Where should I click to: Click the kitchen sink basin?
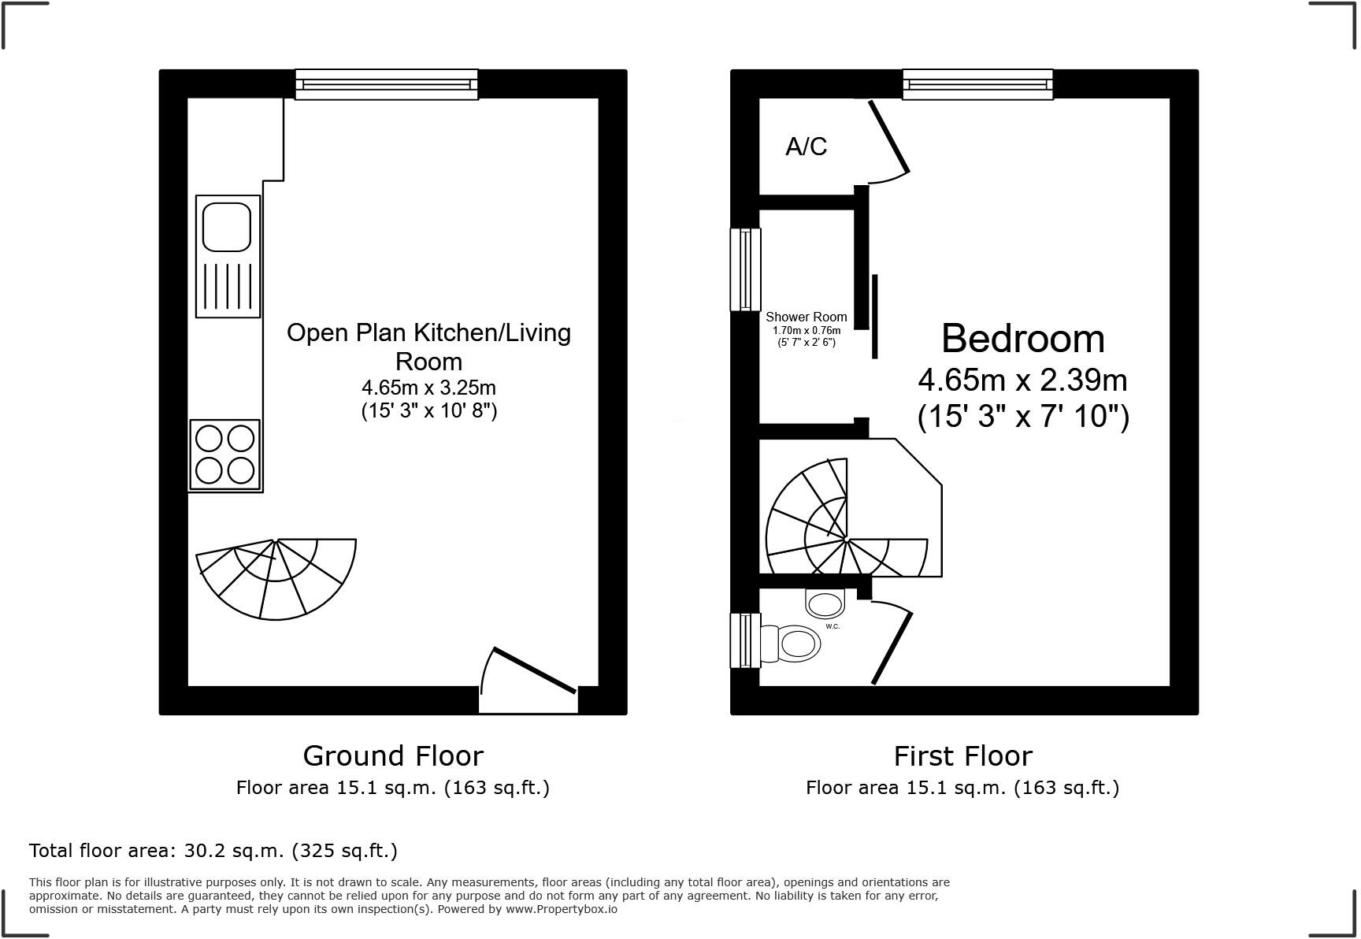tap(227, 227)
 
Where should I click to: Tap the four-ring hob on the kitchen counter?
tap(225, 455)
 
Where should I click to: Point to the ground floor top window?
tap(386, 84)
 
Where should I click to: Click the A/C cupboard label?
tap(806, 147)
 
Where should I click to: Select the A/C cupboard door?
tap(889, 136)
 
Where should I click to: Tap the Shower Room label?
tap(806, 317)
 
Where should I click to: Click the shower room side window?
tap(745, 269)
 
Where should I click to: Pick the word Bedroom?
tap(1022, 339)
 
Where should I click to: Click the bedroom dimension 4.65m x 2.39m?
tap(1022, 380)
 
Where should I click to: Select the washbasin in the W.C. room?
tap(825, 604)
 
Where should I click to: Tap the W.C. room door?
tap(892, 648)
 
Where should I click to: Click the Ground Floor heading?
tap(392, 756)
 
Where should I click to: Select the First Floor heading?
tap(962, 756)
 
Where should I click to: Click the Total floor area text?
tap(213, 851)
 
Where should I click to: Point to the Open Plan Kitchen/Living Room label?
tap(428, 347)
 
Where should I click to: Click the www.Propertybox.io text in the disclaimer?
tap(561, 909)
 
